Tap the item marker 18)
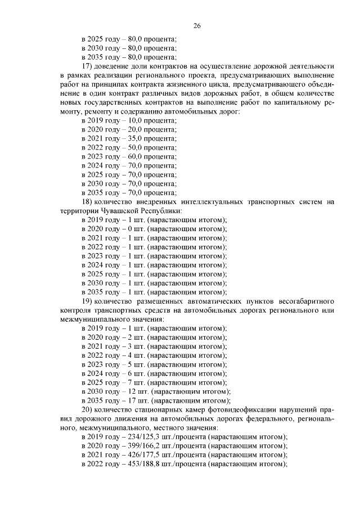point(87,201)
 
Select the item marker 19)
point(87,301)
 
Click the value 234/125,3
point(145,437)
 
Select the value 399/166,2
point(145,446)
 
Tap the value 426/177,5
point(145,455)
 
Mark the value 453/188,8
point(145,464)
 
